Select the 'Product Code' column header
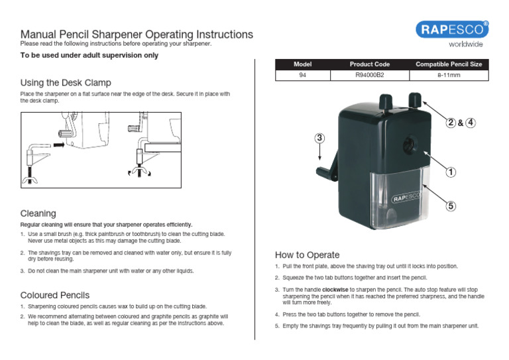coord(369,64)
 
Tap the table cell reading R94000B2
coord(369,76)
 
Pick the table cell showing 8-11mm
coord(448,76)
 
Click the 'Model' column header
coord(302,64)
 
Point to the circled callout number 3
coord(319,138)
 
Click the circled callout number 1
coord(451,172)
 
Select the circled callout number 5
coord(451,206)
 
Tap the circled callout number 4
coord(471,123)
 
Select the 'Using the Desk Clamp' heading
coord(66,83)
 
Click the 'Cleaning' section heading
coord(38,213)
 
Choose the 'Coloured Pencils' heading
coord(55,294)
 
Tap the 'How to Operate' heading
coord(307,255)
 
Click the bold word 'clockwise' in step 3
coord(335,290)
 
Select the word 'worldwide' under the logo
coord(466,44)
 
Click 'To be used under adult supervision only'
coord(89,56)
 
